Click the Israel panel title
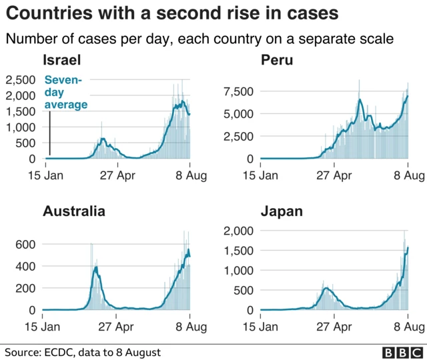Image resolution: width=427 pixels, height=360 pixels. [61, 61]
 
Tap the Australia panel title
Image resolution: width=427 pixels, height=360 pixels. [73, 212]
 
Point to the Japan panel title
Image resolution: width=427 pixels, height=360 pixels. [282, 212]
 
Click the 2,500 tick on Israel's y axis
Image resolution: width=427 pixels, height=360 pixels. [21, 80]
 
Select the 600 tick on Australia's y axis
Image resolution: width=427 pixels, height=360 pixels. [26, 245]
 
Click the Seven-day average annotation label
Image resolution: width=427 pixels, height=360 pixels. [65, 92]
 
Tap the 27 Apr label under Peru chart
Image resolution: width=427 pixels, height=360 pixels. [333, 176]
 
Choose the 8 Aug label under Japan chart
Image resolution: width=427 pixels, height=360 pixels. [407, 327]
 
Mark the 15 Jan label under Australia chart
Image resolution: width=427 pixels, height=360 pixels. [43, 327]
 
